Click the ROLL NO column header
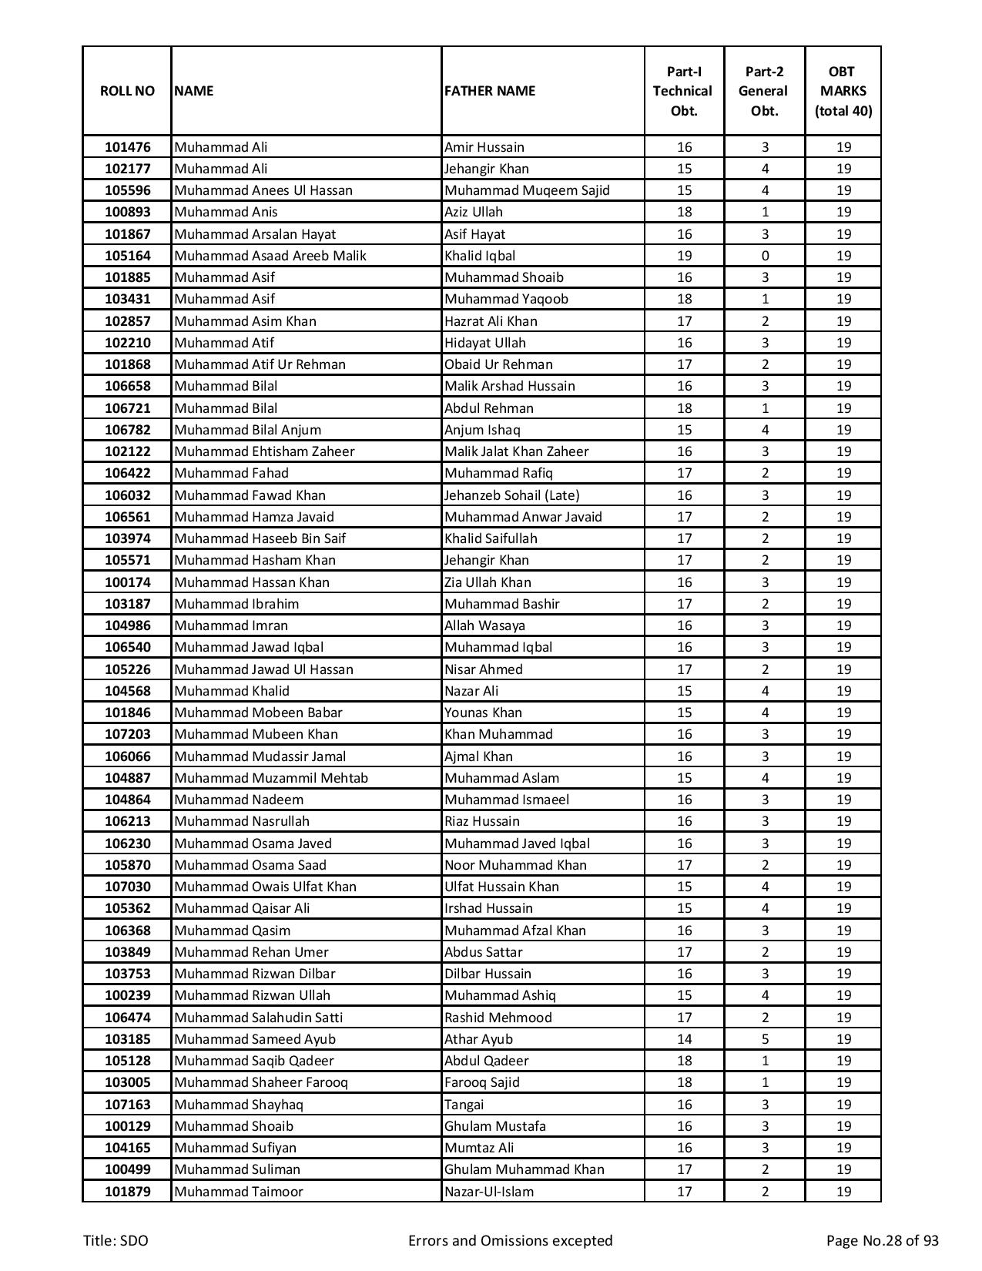(127, 91)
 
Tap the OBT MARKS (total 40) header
(843, 91)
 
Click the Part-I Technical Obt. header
(684, 91)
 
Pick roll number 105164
(127, 256)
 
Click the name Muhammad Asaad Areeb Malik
(270, 256)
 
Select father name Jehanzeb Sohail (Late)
(511, 495)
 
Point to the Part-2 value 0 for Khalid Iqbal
(765, 256)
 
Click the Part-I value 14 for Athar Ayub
(684, 1039)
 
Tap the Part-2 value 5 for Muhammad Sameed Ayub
(765, 1039)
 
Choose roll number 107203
(127, 734)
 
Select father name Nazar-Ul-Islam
(489, 1192)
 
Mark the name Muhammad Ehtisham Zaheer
(264, 451)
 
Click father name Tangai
(464, 1105)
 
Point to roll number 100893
(127, 212)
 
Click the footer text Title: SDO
(116, 1241)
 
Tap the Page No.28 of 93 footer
(882, 1241)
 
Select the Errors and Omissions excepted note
(510, 1241)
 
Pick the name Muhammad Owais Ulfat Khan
(265, 887)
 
